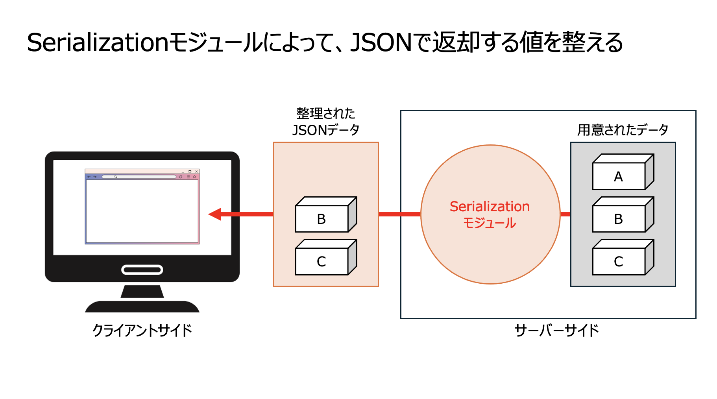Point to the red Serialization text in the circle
(x=490, y=207)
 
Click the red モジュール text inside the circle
(x=490, y=223)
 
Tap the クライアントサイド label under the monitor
(x=142, y=330)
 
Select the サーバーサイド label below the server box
(x=556, y=330)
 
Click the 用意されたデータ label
(x=623, y=129)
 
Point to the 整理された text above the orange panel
(x=325, y=113)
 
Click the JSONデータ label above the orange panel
(x=325, y=130)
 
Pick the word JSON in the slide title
(x=381, y=42)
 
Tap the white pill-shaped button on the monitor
(x=142, y=270)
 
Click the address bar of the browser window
(x=139, y=177)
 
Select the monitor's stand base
(x=142, y=307)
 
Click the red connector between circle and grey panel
(x=565, y=214)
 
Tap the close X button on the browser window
(x=196, y=172)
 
